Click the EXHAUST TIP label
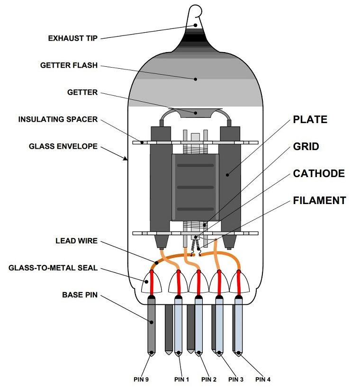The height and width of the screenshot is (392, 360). click(x=73, y=38)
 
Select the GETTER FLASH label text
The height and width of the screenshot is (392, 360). click(x=69, y=65)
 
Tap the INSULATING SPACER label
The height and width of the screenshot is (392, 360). click(x=58, y=119)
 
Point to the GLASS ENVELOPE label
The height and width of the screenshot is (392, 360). click(x=63, y=146)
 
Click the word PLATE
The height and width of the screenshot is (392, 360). click(x=310, y=119)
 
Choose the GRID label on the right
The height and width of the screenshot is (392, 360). click(x=306, y=146)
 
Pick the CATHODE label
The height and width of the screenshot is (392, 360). click(x=319, y=173)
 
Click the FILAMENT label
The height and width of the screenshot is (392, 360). click(x=320, y=200)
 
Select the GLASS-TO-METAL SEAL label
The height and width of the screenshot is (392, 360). click(x=53, y=268)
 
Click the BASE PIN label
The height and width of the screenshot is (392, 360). click(x=80, y=295)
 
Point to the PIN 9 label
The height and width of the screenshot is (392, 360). click(x=140, y=379)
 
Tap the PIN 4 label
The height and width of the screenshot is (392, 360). click(x=263, y=379)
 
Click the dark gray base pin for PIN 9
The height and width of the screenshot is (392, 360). click(x=151, y=327)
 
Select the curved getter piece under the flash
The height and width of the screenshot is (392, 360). click(x=196, y=112)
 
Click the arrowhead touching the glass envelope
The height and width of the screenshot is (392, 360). click(x=126, y=159)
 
